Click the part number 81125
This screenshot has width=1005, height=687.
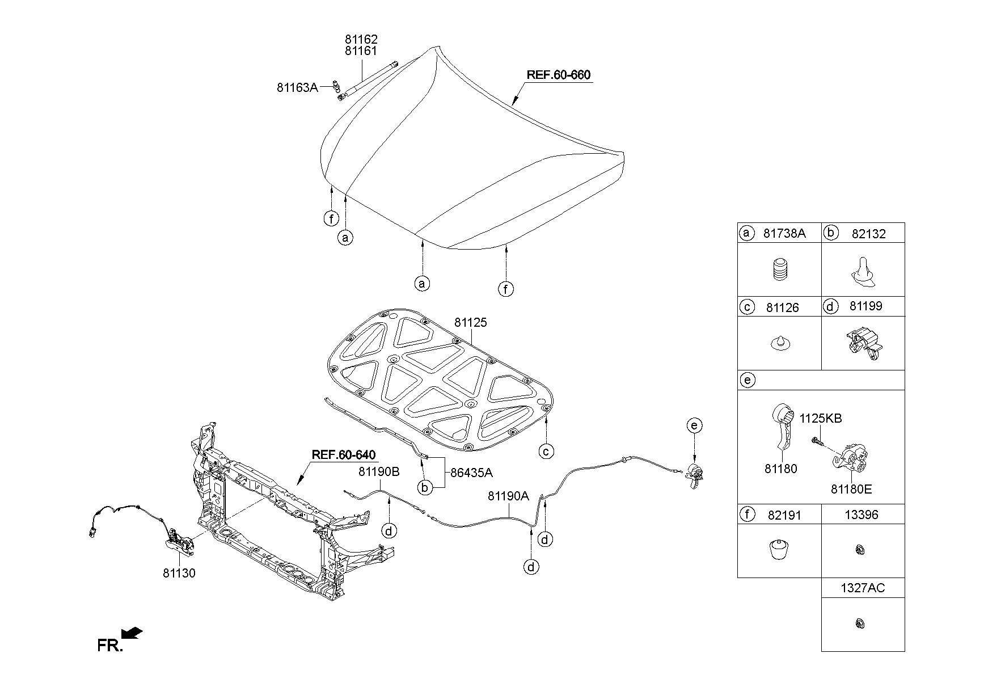tap(470, 322)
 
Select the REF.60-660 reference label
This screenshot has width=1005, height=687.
tap(559, 75)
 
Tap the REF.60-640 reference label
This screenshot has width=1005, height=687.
tap(344, 455)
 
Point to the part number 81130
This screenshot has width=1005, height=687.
tap(179, 573)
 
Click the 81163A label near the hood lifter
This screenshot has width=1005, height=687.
tap(297, 87)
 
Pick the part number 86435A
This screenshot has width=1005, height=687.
tap(471, 473)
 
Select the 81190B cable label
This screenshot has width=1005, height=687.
tap(379, 471)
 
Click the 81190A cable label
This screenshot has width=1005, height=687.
tap(508, 496)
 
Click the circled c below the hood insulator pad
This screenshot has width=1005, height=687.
tap(546, 452)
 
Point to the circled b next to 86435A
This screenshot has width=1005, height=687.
tap(424, 487)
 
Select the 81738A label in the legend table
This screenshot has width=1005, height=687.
tap(784, 233)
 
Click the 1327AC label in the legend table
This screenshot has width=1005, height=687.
tap(862, 588)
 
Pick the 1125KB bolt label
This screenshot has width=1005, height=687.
tap(821, 419)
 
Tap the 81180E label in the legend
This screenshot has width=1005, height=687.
tap(851, 489)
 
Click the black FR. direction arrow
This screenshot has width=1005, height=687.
tap(132, 633)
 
